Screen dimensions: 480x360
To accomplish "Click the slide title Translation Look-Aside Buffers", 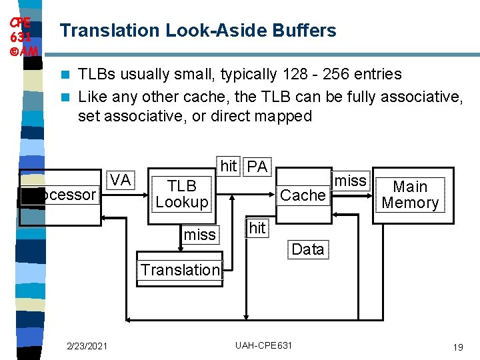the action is (x=198, y=31).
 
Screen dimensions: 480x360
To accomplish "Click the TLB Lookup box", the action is (x=182, y=194).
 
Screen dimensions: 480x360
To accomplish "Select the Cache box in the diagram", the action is (x=303, y=195).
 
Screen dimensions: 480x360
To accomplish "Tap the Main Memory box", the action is (x=410, y=195).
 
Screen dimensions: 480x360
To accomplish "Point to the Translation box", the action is (x=180, y=270).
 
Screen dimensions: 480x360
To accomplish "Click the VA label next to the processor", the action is (x=120, y=180).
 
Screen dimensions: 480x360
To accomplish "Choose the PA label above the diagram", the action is (x=257, y=167).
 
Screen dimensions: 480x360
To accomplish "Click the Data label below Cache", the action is (x=307, y=249).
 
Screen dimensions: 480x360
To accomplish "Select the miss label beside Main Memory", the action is (x=350, y=181).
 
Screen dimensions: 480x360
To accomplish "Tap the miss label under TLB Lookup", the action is (x=200, y=234).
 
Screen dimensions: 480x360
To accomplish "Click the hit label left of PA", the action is (x=229, y=167).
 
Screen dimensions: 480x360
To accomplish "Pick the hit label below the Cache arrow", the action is (x=257, y=228).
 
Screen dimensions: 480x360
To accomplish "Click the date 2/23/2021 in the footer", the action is (x=87, y=346).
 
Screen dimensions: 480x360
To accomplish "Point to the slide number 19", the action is (x=457, y=347).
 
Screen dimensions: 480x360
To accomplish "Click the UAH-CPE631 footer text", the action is (x=263, y=346).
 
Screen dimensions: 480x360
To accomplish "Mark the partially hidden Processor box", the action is (x=60, y=195).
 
